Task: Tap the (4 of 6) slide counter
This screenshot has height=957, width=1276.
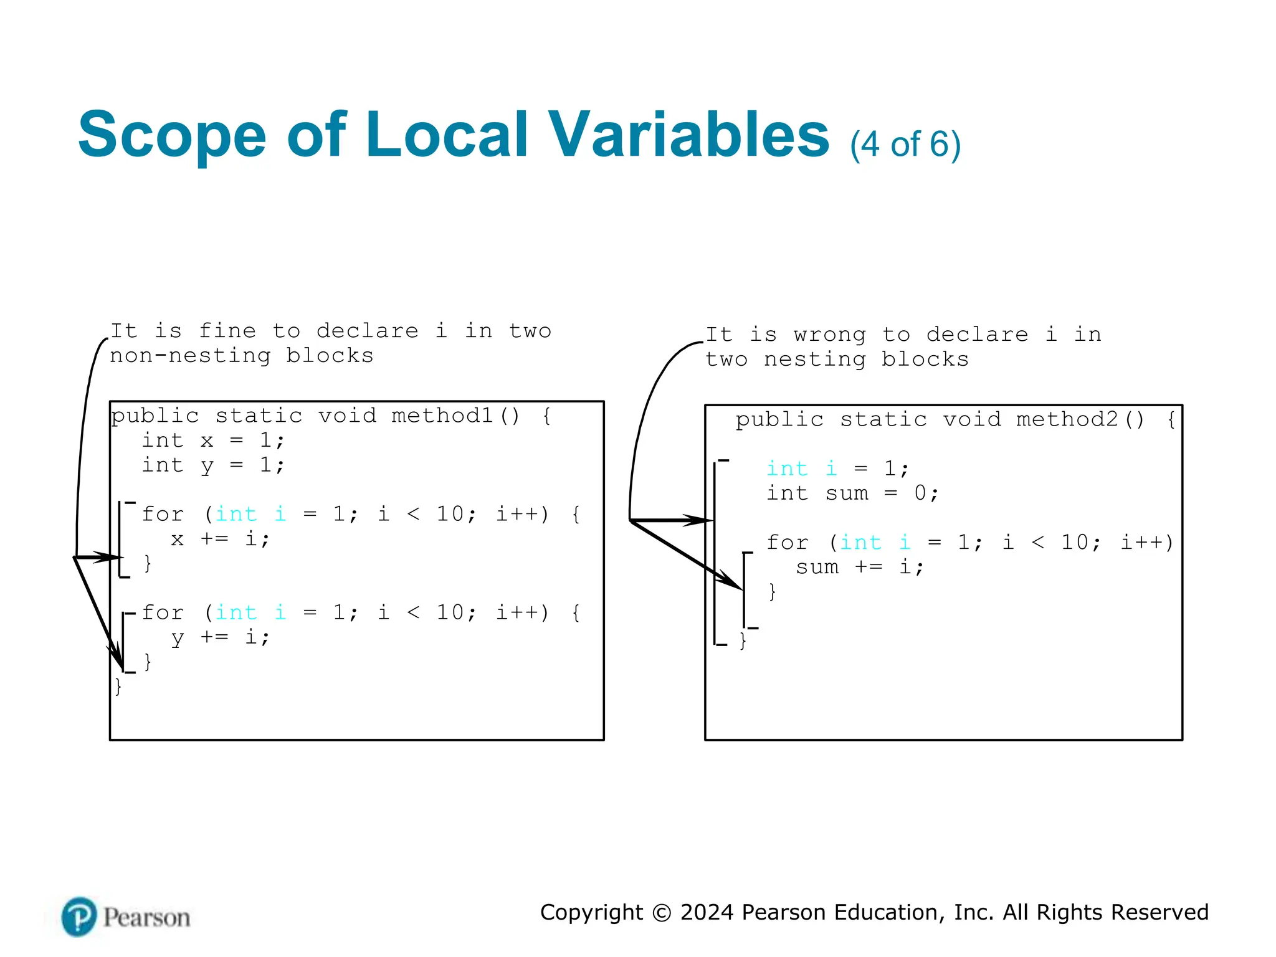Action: (905, 145)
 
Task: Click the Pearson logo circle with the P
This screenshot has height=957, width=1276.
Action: (79, 917)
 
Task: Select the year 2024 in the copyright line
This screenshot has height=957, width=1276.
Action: (707, 912)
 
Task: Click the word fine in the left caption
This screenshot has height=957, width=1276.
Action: (227, 331)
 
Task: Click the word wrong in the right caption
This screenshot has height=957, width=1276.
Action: (829, 335)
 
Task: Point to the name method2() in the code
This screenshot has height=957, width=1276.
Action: (1080, 419)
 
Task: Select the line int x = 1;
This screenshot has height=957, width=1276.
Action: (213, 440)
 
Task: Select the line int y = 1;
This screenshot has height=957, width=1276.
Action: (213, 465)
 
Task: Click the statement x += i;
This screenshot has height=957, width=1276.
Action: (220, 539)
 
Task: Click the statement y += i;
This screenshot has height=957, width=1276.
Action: (220, 637)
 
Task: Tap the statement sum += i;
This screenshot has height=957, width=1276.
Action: (859, 567)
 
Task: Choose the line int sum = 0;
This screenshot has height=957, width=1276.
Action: (852, 493)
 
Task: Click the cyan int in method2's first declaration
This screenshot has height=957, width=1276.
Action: (787, 469)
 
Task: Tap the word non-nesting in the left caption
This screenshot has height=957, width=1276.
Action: (190, 356)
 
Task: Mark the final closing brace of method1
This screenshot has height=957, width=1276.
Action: (118, 687)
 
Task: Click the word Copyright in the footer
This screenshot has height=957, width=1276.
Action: (591, 912)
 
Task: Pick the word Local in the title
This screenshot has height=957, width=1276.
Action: (447, 135)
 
